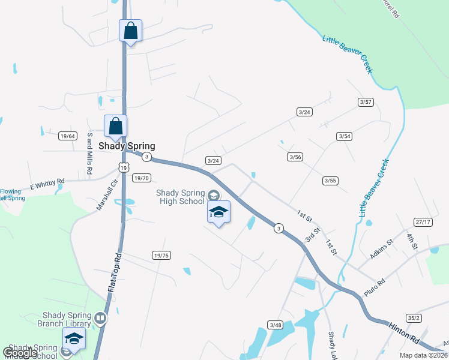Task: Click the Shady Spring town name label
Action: pos(127,146)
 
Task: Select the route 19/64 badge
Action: pos(67,136)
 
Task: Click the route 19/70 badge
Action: pos(141,178)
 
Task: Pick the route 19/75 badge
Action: pos(161,255)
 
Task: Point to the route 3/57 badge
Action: pos(366,102)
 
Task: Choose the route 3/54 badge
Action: pos(344,136)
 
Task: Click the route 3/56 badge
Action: pos(294,157)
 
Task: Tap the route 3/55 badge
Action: pos(330,180)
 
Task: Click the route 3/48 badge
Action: pos(276,325)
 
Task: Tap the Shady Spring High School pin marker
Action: pos(219,212)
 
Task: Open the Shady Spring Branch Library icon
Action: pos(100,318)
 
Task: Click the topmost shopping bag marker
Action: pos(131,31)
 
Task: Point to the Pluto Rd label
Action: pos(375,287)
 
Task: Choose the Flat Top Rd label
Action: pos(114,272)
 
